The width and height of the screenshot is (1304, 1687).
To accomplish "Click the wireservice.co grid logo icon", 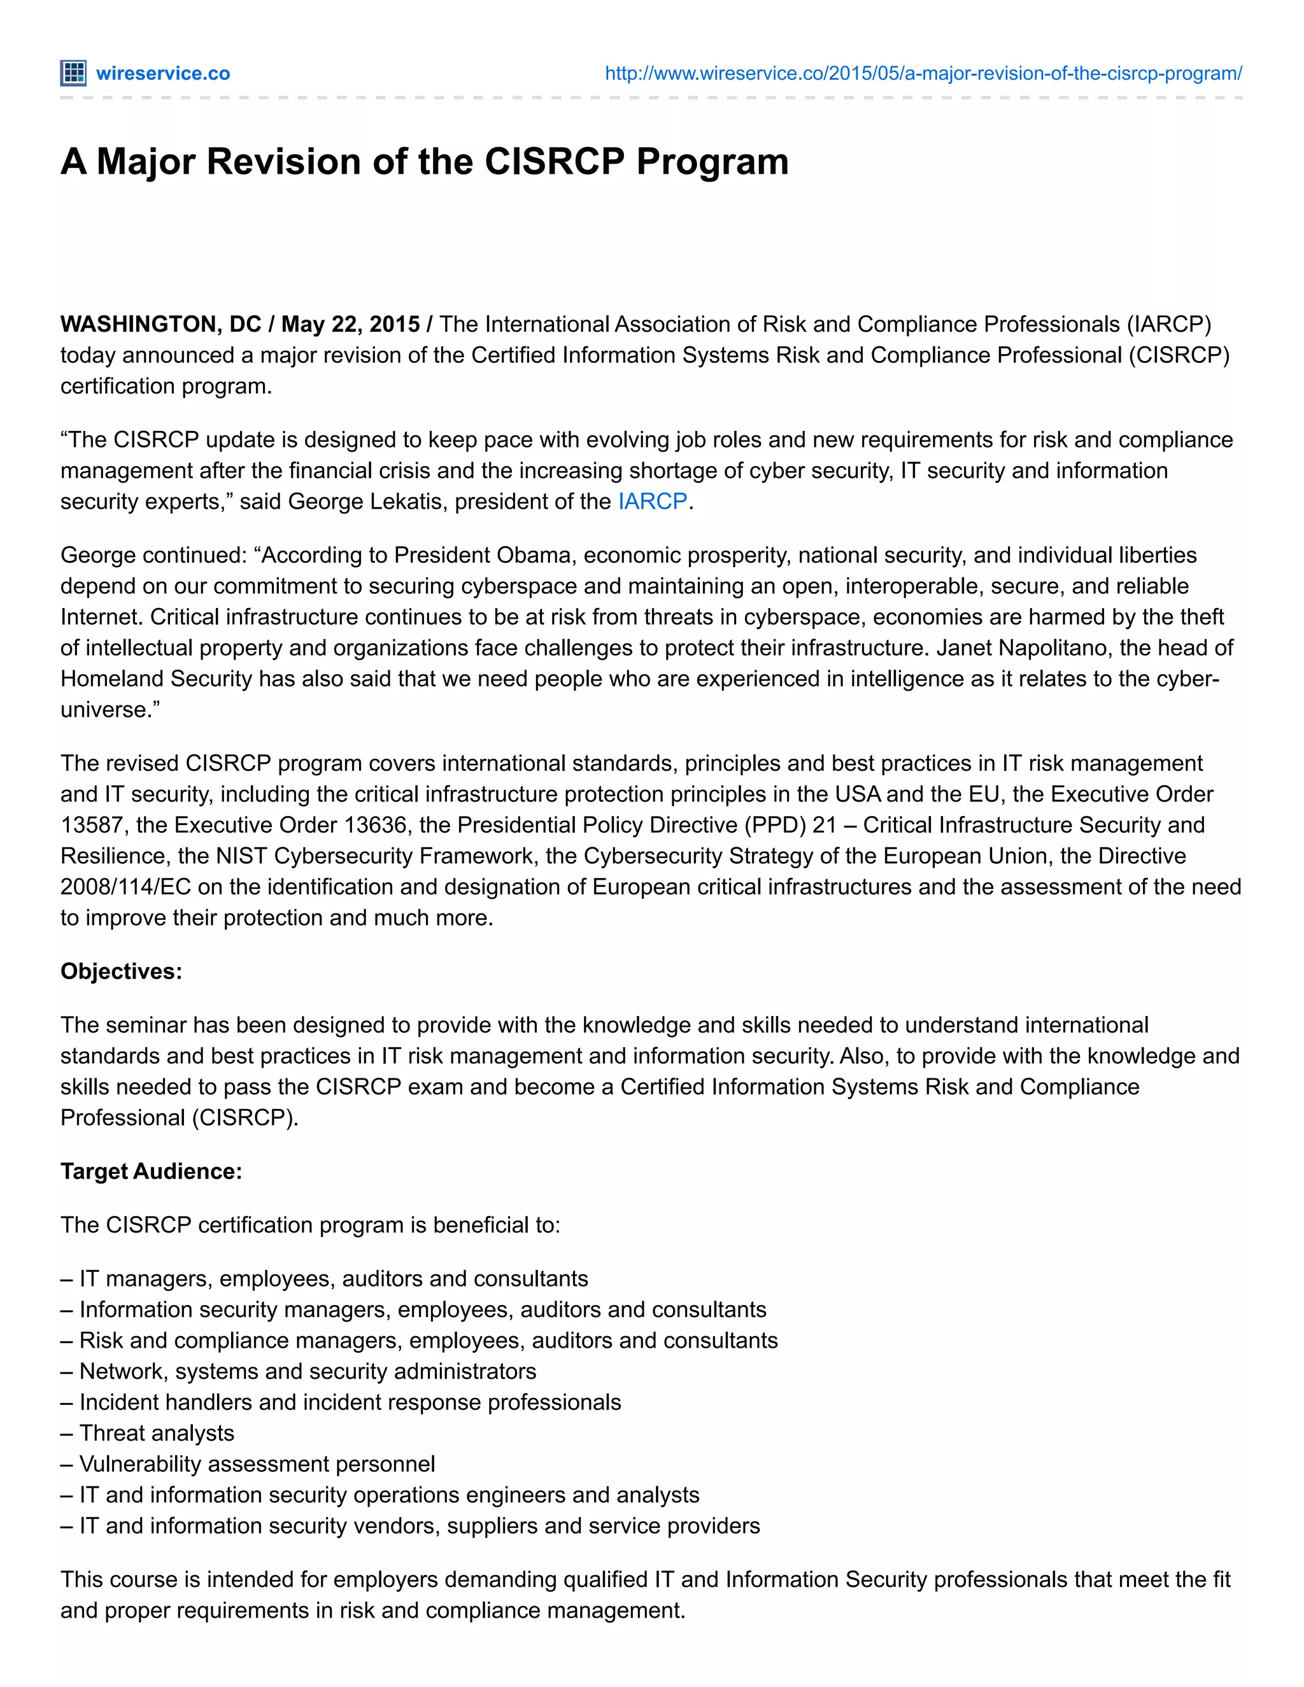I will [73, 73].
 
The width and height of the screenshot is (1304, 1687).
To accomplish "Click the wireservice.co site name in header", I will [163, 73].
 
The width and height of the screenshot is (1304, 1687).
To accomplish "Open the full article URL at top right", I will [923, 73].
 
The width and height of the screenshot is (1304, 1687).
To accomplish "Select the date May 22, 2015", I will [350, 323].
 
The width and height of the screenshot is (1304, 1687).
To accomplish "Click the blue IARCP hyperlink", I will [652, 501].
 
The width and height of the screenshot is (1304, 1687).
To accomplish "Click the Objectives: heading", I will [121, 971].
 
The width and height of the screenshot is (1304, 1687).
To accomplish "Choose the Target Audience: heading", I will [152, 1171].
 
